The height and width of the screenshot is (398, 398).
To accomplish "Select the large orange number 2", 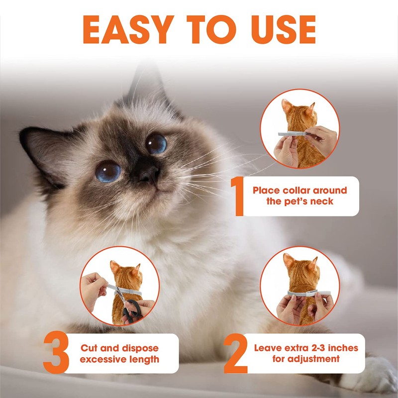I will pyautogui.click(x=235, y=354).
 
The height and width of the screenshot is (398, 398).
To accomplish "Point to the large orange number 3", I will pyautogui.click(x=56, y=354).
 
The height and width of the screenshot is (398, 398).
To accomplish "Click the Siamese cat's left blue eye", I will pyautogui.click(x=108, y=171).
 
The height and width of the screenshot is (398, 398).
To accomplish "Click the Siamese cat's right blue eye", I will pyautogui.click(x=156, y=143).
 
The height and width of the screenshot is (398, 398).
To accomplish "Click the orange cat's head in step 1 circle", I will pyautogui.click(x=298, y=111).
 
